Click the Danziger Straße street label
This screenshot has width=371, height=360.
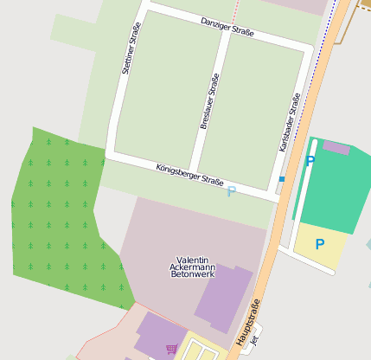[x=227, y=27]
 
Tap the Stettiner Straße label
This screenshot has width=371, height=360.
[x=131, y=48]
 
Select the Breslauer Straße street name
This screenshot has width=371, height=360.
[x=209, y=101]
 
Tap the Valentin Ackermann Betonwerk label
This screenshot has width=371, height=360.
[x=192, y=268]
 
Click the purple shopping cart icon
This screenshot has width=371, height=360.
[x=171, y=349]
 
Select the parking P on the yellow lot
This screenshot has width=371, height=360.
[x=320, y=244]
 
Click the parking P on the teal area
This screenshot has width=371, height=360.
[x=310, y=160]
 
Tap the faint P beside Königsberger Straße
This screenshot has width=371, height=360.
[x=231, y=190]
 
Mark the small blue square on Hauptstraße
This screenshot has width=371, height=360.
[x=282, y=179]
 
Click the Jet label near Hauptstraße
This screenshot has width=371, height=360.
[x=254, y=341]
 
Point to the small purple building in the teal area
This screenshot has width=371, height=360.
[x=336, y=148]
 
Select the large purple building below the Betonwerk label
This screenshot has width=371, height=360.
[x=223, y=299]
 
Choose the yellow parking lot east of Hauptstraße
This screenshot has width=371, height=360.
[x=322, y=247]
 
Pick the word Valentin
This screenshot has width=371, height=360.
[x=192, y=260]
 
